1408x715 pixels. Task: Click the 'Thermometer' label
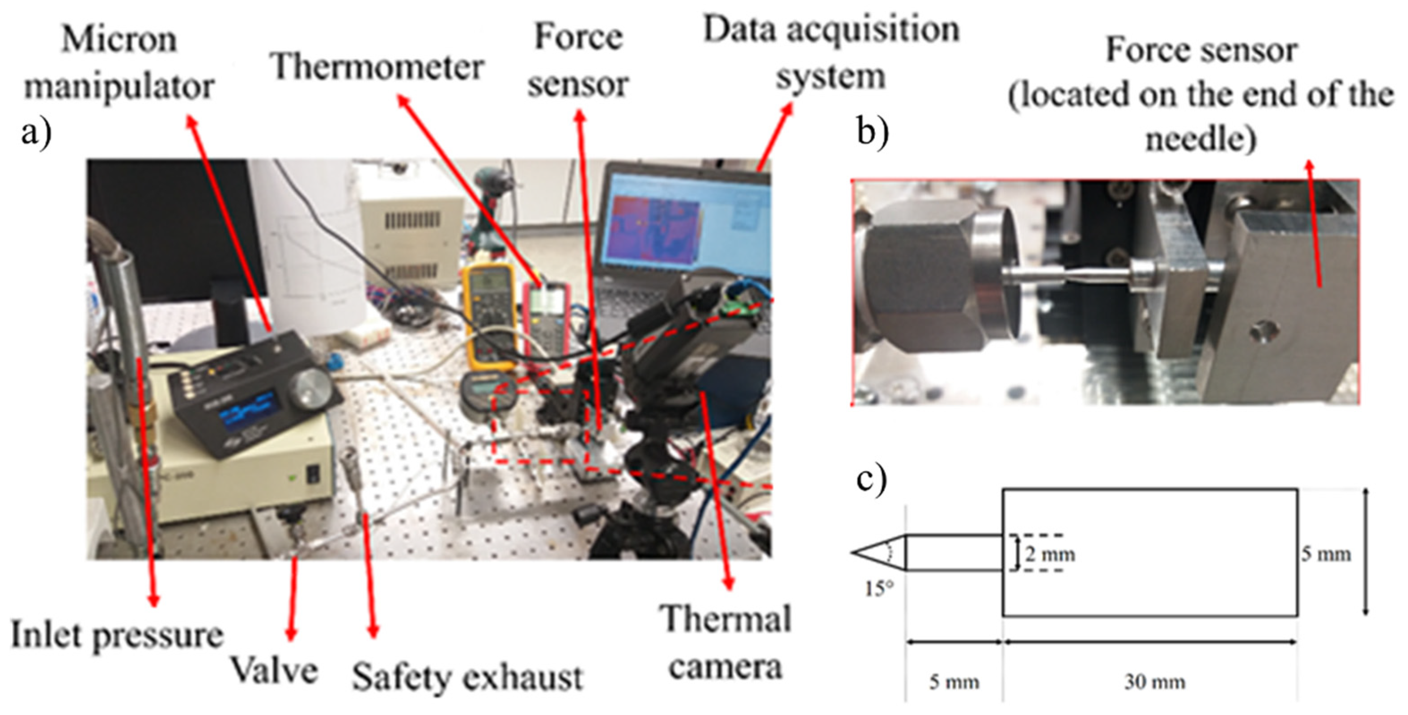(x=377, y=68)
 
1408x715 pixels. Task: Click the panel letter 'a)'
(x=36, y=133)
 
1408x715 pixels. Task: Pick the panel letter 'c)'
(x=871, y=481)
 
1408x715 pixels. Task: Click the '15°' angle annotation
(x=879, y=589)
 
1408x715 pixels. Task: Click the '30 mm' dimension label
(x=1154, y=681)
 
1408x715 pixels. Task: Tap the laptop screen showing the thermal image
(x=683, y=224)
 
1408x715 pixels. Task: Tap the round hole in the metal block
(x=1263, y=330)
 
